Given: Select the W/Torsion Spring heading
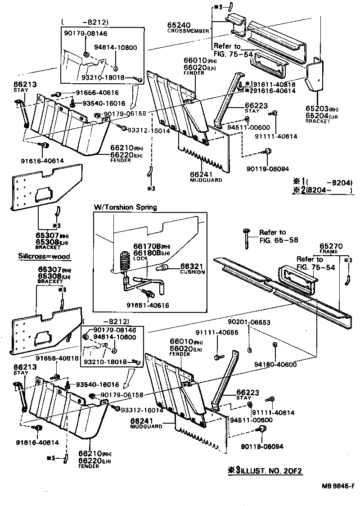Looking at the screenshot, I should [x=125, y=207].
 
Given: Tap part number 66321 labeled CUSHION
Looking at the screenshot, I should [x=192, y=266].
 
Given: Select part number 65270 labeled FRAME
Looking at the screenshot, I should [x=332, y=246].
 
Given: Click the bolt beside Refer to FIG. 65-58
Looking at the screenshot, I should [x=246, y=237].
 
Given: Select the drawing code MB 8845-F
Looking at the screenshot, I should [x=337, y=486].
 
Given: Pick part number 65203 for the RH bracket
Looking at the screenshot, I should [x=317, y=109].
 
